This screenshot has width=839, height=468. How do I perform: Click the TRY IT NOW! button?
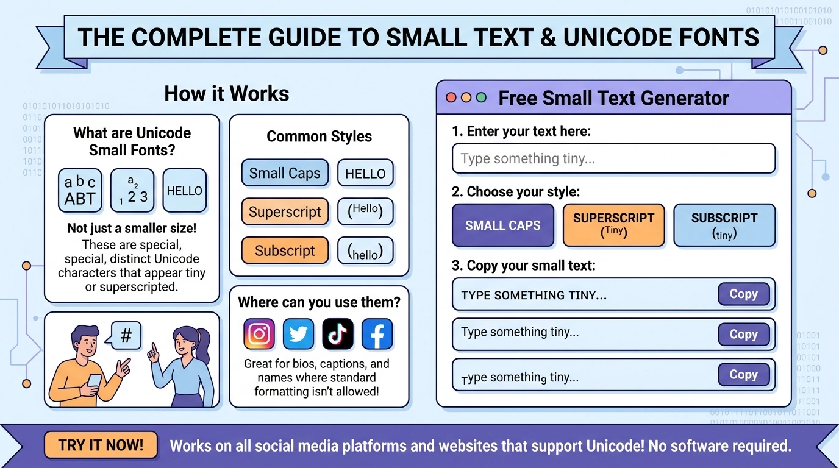tap(101, 445)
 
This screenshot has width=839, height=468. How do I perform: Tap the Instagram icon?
tap(259, 334)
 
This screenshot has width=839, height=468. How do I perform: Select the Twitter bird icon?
tap(299, 334)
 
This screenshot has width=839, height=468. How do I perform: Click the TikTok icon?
tap(338, 334)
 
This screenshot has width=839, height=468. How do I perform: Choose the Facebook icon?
tap(377, 334)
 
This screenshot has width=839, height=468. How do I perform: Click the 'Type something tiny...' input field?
tap(613, 159)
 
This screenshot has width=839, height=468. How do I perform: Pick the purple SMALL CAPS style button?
tap(503, 225)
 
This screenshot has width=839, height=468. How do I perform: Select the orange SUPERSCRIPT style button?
tap(613, 225)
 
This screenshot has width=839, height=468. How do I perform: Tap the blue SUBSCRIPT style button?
tap(724, 225)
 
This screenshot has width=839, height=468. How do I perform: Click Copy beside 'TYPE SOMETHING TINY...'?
tap(743, 294)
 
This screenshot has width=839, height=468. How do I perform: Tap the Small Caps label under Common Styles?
tap(285, 173)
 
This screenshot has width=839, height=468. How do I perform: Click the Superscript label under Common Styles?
tap(285, 212)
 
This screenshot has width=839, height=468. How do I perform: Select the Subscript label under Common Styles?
tap(285, 250)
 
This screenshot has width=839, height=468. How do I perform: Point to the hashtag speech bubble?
tap(126, 336)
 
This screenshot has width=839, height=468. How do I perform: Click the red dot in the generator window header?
tap(451, 97)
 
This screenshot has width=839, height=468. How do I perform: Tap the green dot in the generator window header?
tap(481, 97)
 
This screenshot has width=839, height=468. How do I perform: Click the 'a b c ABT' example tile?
tap(80, 190)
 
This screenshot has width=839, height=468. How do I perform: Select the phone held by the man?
tap(95, 380)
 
